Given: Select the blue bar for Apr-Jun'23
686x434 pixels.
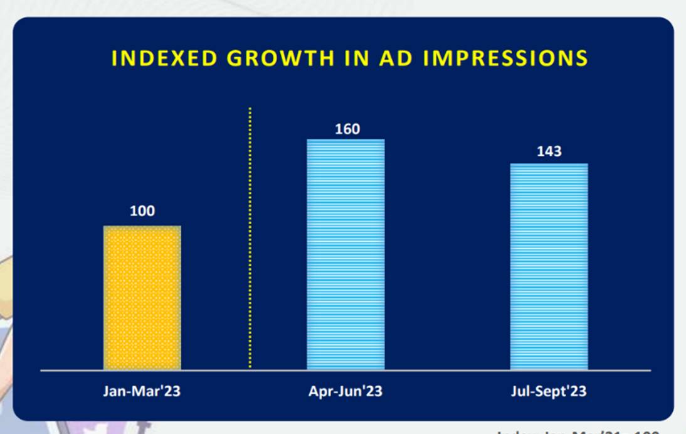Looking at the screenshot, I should point(346,254).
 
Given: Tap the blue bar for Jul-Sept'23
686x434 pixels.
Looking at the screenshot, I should point(549,266).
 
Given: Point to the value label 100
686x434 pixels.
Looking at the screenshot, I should point(142,211).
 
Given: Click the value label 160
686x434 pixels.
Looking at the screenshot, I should point(347,129).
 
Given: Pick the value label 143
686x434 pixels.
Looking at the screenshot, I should point(549,151).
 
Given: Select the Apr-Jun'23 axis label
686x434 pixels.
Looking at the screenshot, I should point(346,391).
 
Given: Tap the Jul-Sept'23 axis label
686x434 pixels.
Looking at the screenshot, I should point(549,391).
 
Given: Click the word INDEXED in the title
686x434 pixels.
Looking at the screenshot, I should point(165,58).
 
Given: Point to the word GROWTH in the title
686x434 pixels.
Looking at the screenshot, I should point(280,58).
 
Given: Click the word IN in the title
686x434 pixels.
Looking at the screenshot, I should point(356,58).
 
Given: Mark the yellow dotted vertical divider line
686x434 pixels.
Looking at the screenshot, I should point(250,239).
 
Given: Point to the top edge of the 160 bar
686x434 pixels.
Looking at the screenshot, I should point(346,139).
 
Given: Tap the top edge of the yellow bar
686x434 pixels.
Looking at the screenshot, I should point(142,226).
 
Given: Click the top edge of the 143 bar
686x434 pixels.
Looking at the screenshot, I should point(549,164).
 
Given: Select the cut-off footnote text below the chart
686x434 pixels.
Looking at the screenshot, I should point(577,431).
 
